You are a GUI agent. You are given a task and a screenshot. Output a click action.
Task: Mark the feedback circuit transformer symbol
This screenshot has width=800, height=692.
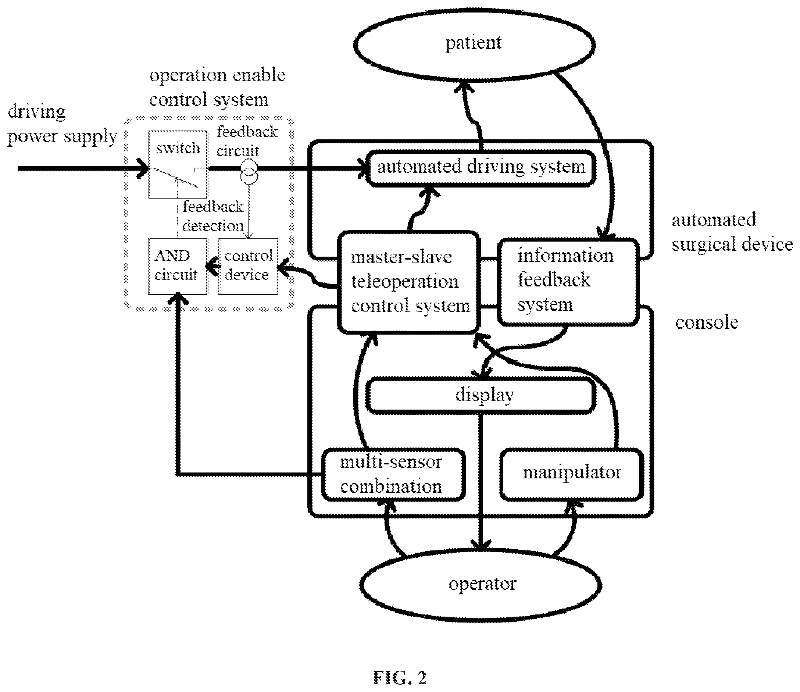[x=249, y=172]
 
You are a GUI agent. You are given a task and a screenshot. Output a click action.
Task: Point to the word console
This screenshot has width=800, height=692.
[x=707, y=322]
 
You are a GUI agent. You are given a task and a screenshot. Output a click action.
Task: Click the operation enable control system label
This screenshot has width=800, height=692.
[x=217, y=88]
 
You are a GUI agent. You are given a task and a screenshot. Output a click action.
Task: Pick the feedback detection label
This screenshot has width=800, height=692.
[x=213, y=216]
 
